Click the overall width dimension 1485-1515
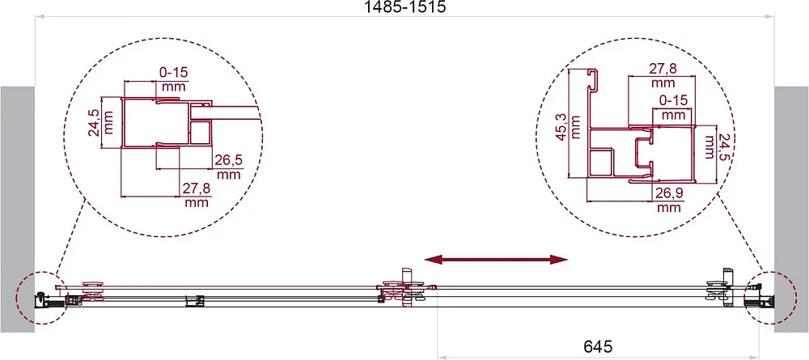point(404,7)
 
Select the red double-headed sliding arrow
point(496,260)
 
